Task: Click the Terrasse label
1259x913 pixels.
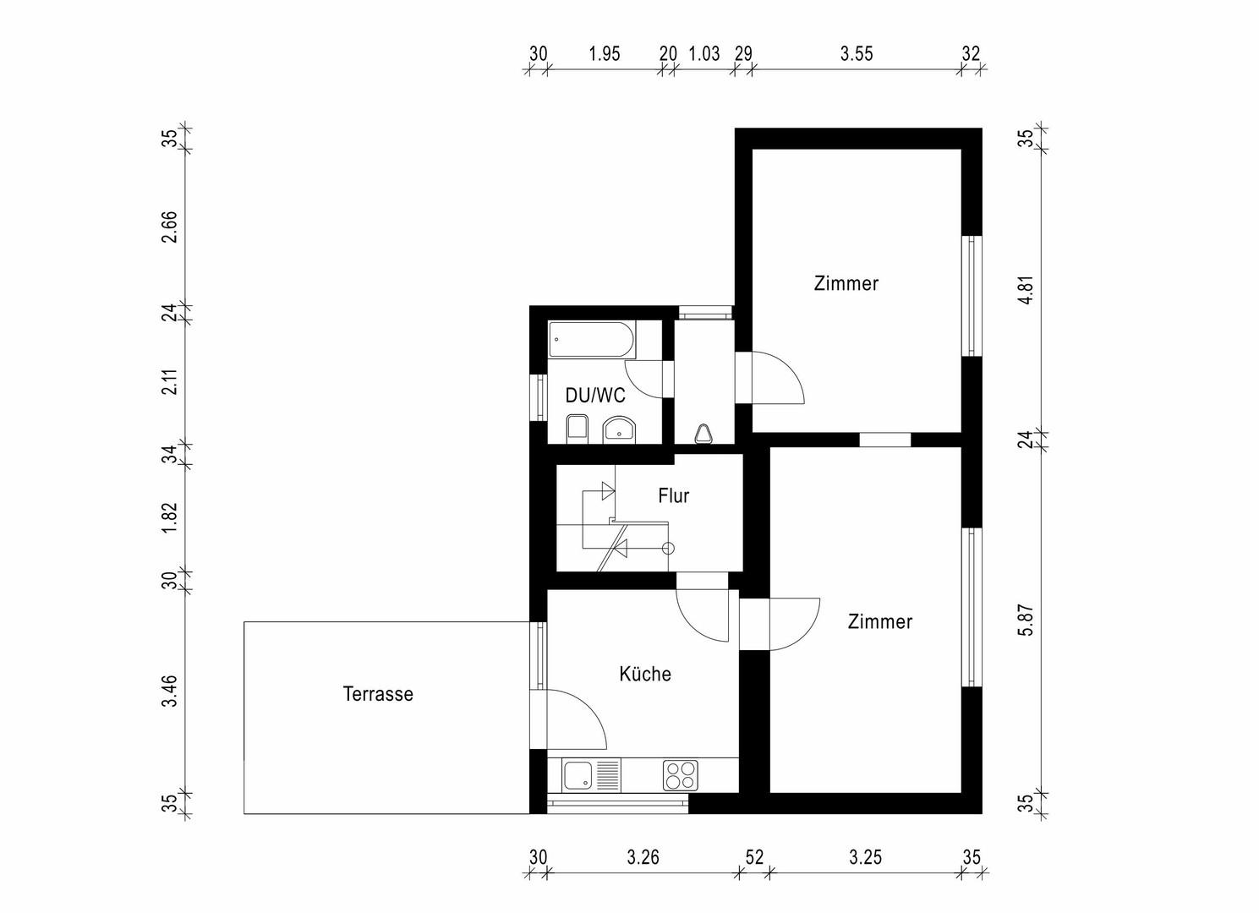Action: tap(378, 694)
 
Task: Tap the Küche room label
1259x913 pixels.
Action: tap(645, 674)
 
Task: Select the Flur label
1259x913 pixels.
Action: tap(673, 495)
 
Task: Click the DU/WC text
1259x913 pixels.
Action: tap(595, 395)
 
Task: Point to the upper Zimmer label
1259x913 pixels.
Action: tap(846, 283)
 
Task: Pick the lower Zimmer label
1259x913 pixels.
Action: tap(879, 621)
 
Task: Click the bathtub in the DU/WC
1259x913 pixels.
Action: tap(590, 340)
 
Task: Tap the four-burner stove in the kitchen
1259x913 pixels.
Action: tap(681, 775)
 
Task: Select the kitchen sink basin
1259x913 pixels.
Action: tap(579, 775)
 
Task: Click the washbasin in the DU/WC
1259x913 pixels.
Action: tap(620, 431)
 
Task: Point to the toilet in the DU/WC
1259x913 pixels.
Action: tap(577, 429)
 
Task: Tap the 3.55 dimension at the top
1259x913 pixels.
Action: tap(856, 54)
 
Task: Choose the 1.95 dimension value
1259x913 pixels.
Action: tap(604, 54)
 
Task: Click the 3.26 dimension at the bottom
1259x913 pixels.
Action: tap(643, 857)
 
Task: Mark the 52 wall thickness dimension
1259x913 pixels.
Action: tap(754, 857)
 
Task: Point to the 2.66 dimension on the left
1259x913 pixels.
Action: tap(170, 227)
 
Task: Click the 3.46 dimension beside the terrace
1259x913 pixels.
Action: tap(170, 691)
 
